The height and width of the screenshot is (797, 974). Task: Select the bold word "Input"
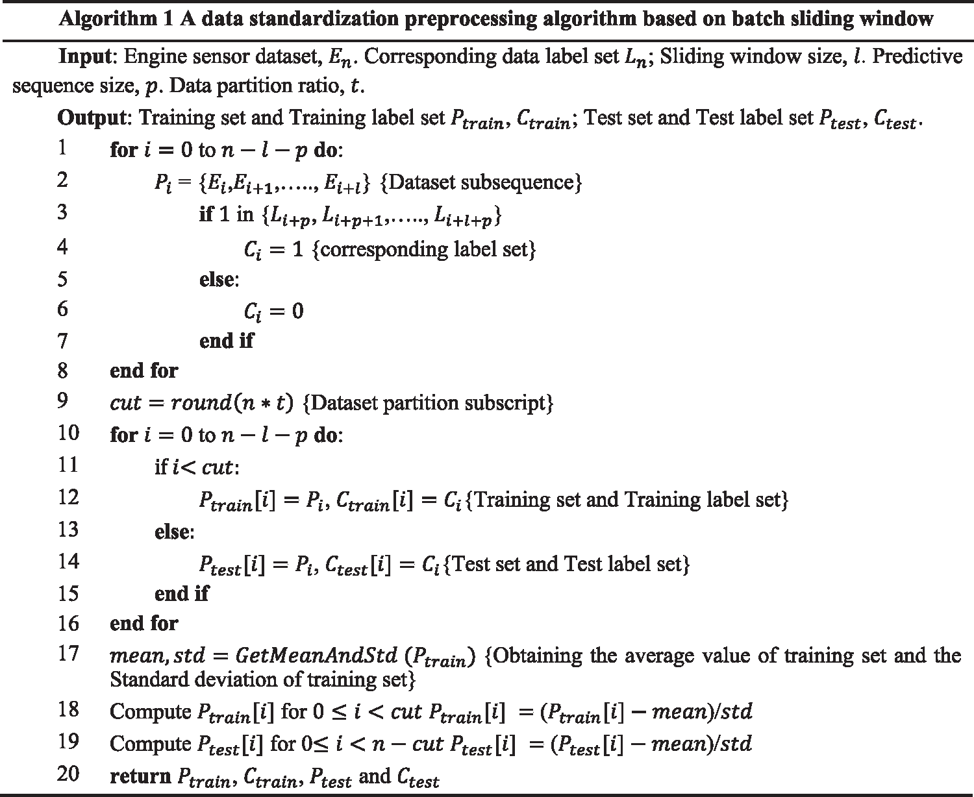85,57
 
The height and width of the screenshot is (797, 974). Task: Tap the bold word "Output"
90,117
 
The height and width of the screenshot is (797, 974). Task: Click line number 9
62,400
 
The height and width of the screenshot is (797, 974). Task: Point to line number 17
68,653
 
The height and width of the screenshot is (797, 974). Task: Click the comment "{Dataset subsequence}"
480,182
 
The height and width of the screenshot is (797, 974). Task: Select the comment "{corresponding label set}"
424,249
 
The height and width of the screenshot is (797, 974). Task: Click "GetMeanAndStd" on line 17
316,655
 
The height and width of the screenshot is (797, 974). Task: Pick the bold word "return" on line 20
138,776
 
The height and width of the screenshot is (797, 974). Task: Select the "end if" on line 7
226,340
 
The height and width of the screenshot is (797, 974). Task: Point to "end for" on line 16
144,623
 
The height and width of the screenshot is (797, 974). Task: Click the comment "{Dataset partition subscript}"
428,403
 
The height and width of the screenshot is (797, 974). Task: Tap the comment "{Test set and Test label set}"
568,563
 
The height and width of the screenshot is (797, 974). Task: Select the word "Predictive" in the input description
917,57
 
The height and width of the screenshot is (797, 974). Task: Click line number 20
68,774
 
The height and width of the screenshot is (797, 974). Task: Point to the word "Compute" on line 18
151,711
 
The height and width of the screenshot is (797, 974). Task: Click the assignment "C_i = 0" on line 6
273,312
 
